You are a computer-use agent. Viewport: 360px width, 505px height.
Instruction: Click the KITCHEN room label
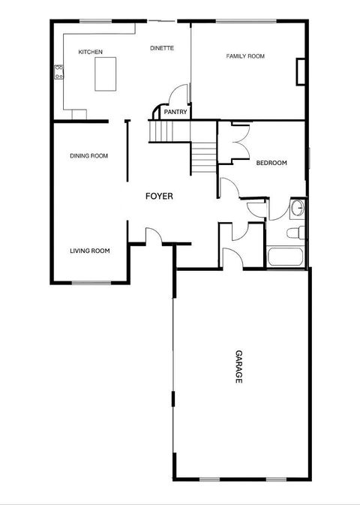pos(90,52)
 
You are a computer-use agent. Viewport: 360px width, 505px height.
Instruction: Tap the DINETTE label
pos(161,48)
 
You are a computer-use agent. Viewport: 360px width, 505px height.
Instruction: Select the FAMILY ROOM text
pos(245,56)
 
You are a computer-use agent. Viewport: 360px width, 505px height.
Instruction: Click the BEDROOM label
pos(271,163)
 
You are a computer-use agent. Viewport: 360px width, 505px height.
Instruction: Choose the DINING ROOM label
pos(88,156)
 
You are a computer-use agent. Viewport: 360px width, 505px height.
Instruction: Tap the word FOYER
pos(159,197)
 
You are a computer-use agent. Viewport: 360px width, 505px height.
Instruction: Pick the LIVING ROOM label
pos(90,251)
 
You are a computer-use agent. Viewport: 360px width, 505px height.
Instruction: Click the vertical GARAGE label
pos(238,367)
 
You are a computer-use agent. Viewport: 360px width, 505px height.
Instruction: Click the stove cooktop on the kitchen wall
pos(58,73)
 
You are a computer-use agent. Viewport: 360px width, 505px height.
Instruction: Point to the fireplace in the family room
pos(301,71)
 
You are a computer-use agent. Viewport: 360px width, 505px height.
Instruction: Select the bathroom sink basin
pos(297,208)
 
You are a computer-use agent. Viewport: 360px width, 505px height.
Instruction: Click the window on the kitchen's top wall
pos(91,21)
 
